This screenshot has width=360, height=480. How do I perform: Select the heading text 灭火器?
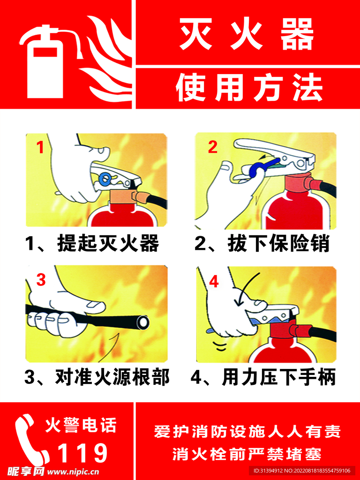[x=247, y=34]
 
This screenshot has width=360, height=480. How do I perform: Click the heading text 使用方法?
[x=249, y=87]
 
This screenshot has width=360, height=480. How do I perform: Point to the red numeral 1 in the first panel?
[x=40, y=148]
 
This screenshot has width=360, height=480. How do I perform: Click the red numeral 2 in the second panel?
[x=212, y=147]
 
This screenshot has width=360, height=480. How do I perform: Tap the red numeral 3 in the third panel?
[x=41, y=279]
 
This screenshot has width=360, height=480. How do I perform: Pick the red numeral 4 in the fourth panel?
[x=214, y=282]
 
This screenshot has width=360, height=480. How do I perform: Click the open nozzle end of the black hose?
[x=142, y=322]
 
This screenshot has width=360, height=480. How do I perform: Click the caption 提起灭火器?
[x=108, y=244]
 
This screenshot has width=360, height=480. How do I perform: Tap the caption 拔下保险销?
[x=278, y=244]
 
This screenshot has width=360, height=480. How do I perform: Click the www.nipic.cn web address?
[x=72, y=472]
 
